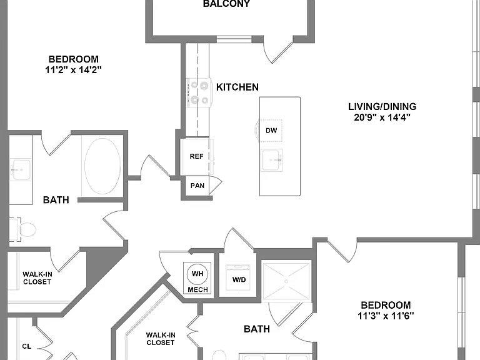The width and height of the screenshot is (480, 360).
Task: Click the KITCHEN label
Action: [x=237, y=87]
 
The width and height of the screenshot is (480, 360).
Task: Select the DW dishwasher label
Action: [x=271, y=131]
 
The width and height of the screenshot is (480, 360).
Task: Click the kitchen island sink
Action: [x=272, y=161]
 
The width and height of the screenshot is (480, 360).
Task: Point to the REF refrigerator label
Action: [x=196, y=156]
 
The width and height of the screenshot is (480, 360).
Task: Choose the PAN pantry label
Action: [x=197, y=186]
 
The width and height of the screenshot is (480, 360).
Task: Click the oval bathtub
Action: [x=102, y=166]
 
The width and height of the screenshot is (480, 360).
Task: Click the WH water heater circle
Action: [x=197, y=274]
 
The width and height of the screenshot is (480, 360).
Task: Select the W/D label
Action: [x=239, y=280]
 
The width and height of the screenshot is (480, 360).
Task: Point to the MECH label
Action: [x=197, y=289]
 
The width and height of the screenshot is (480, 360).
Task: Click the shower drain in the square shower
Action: [x=286, y=281]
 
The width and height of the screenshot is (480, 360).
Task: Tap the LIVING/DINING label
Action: [x=382, y=106]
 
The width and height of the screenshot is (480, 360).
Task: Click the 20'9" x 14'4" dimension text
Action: [x=382, y=117]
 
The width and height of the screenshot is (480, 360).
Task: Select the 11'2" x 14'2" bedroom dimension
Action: [x=74, y=70]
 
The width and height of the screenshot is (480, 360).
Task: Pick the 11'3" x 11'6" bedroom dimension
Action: [x=386, y=316]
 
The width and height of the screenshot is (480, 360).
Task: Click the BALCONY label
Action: [x=226, y=4]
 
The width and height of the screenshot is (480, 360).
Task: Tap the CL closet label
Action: [x=27, y=346]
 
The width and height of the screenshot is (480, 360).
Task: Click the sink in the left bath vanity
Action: [x=21, y=169]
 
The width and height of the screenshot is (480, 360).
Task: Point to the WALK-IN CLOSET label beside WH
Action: [x=161, y=339]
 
